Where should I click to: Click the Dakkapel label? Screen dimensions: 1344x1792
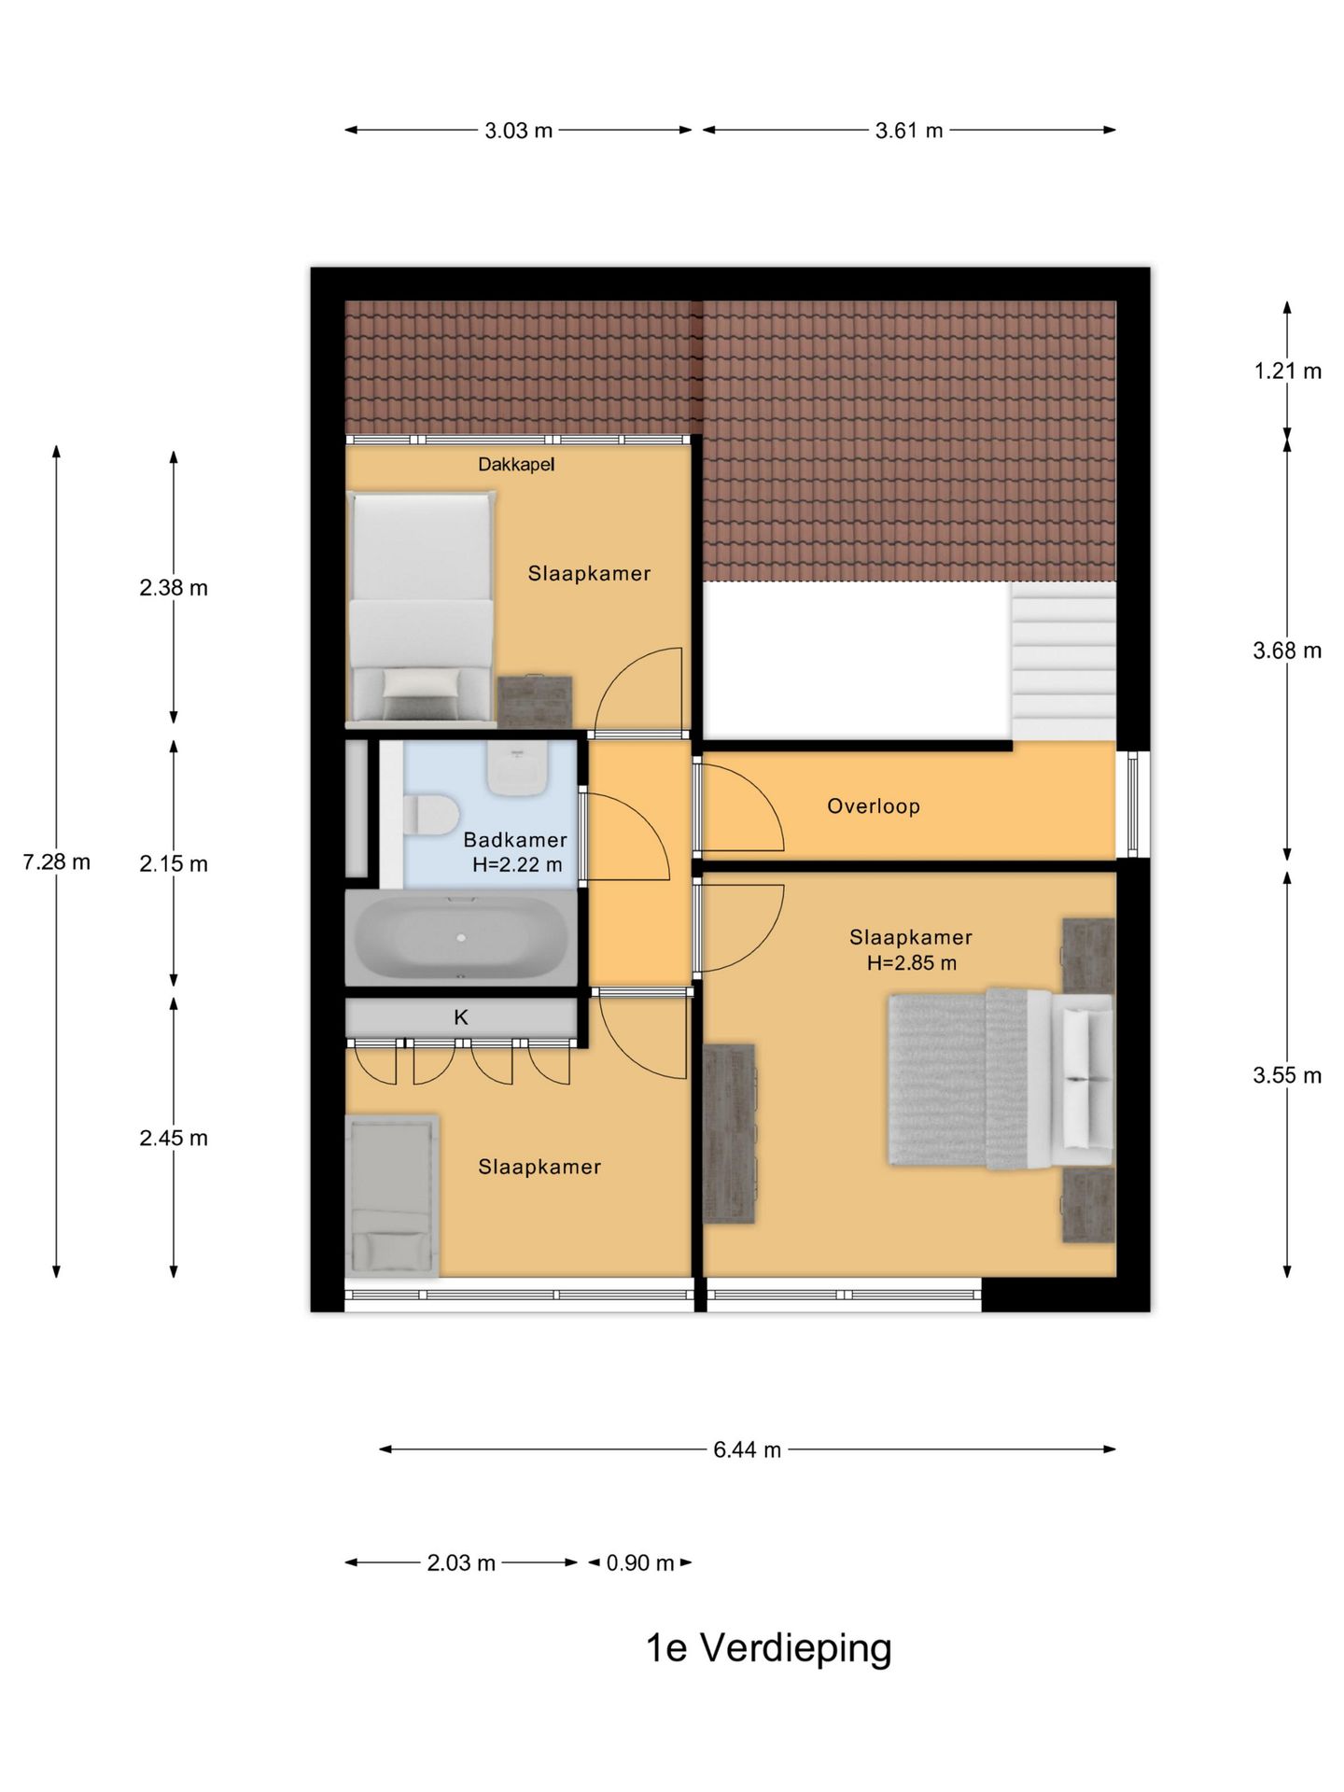[516, 464]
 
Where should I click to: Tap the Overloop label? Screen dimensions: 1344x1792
[874, 806]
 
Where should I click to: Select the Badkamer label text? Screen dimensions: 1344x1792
[515, 840]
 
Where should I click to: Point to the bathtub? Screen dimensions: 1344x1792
[461, 938]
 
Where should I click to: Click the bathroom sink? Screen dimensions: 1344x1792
[516, 771]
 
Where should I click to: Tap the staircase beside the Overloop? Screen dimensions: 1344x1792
[1063, 661]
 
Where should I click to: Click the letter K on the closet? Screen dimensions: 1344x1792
[461, 1017]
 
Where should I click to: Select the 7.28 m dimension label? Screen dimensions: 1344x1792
[56, 862]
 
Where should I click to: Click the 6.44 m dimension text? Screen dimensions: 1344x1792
[747, 1449]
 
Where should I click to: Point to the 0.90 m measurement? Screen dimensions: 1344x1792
[640, 1562]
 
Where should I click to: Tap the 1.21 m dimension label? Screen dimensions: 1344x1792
[1287, 371]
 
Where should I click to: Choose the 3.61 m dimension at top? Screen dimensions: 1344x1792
[909, 131]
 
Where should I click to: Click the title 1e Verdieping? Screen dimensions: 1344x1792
[769, 1648]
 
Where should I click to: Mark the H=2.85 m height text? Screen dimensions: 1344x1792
[912, 963]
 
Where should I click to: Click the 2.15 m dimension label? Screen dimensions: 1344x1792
[174, 864]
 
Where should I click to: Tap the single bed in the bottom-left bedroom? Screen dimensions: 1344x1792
[392, 1196]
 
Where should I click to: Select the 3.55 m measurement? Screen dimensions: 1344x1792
[1287, 1075]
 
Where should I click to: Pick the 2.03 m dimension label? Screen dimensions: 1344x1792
[461, 1562]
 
